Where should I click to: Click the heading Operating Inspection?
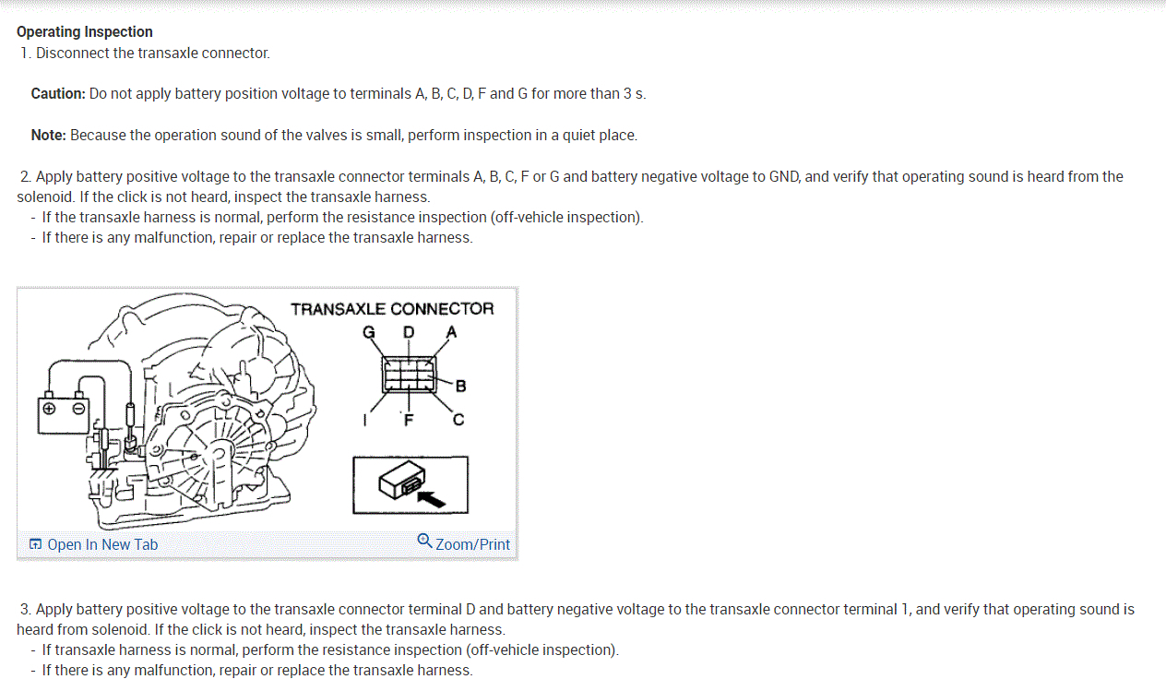point(85,32)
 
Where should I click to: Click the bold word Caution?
point(57,94)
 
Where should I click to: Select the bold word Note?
point(48,136)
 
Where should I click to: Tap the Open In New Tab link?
point(93,544)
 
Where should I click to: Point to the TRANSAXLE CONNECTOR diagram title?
point(392,309)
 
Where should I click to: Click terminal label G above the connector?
point(369,332)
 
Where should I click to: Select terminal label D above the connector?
point(409,332)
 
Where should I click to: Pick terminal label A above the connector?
point(451,332)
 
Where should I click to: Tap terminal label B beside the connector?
point(461,386)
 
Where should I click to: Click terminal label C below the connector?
point(458,421)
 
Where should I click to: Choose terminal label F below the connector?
point(408,422)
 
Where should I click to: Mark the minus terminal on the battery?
point(78,407)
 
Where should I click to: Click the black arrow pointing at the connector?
point(432,497)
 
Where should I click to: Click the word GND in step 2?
point(783,177)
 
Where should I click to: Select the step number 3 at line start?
point(26,610)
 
